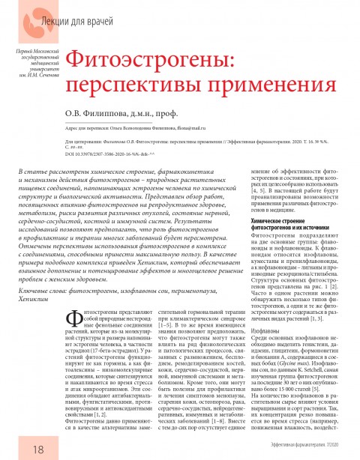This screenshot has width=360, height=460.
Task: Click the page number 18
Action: tap(17, 447)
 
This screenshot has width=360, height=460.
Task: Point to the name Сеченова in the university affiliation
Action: tap(39, 74)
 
